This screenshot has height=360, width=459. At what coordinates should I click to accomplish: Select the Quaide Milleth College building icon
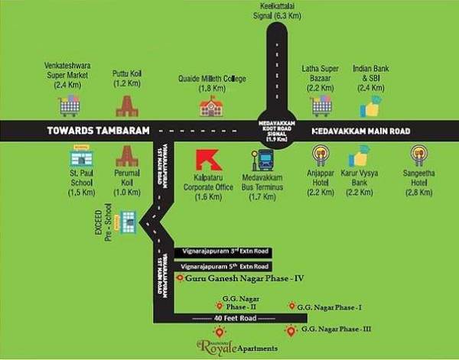coord(210,106)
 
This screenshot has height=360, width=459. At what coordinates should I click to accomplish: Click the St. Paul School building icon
coord(80,159)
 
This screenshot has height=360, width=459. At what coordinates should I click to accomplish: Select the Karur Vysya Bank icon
coord(359,156)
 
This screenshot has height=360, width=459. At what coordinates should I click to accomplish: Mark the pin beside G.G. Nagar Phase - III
coord(290,330)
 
